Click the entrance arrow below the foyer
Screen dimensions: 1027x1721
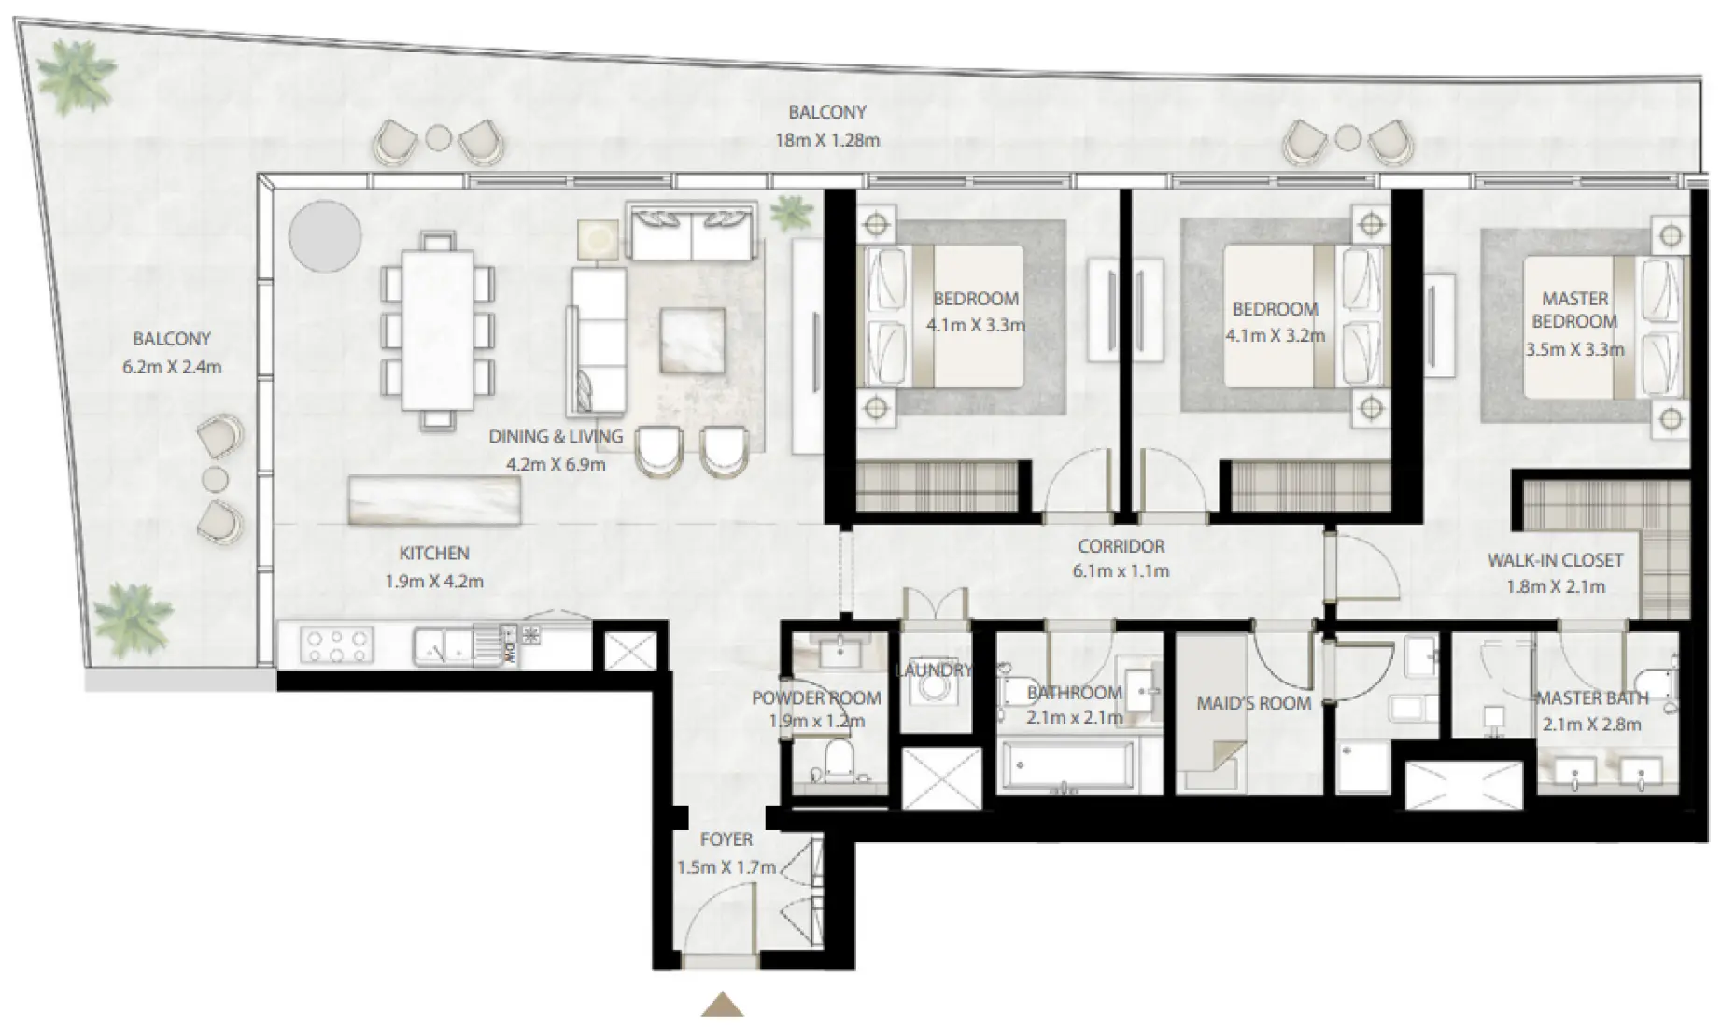(x=722, y=1005)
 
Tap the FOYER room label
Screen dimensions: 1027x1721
(x=726, y=839)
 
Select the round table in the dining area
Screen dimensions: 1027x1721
(x=324, y=236)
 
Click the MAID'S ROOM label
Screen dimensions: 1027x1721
(x=1253, y=703)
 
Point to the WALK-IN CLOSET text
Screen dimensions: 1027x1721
(x=1555, y=560)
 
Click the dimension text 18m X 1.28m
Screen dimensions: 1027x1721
(x=826, y=141)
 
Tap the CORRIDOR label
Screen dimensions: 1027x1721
(x=1121, y=546)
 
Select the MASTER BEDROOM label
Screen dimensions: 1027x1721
(x=1574, y=310)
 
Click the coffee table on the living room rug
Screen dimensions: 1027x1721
(x=692, y=340)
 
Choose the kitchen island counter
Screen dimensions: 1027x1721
(x=434, y=499)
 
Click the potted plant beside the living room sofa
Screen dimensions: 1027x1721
(x=793, y=214)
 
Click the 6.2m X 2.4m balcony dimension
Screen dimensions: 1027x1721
(x=172, y=367)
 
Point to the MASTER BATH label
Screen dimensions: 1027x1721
(x=1591, y=697)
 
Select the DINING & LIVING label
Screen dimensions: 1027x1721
(x=556, y=436)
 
